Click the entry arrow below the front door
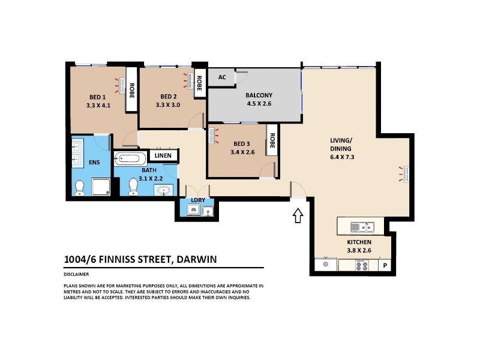coord(298,215)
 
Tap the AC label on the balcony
coord(222,77)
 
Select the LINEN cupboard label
coord(163,155)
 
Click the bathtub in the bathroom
coord(130,158)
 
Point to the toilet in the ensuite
coord(80,188)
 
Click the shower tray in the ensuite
coord(101,187)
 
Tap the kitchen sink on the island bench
coord(362,227)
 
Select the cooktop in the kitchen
coord(362,265)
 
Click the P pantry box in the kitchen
coord(385,265)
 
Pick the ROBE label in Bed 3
coord(272,140)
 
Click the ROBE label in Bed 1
coord(131,91)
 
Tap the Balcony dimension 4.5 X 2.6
coord(259,103)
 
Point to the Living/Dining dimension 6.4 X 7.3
coord(342,157)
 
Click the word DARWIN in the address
coord(197,259)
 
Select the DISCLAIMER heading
coord(76,274)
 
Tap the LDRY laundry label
coord(198,200)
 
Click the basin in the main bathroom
coord(164,190)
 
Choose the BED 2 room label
coord(169,97)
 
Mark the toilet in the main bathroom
coord(133,187)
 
